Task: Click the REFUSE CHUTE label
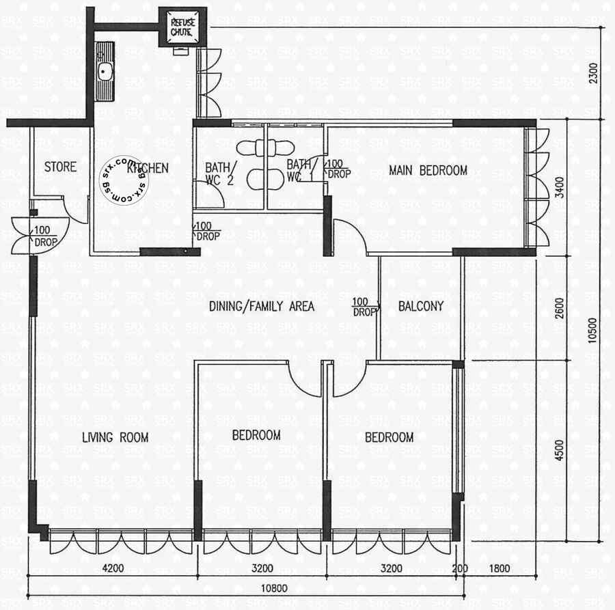coord(182,27)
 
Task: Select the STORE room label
coord(60,167)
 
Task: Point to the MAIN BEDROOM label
coord(428,171)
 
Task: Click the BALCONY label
coord(421,306)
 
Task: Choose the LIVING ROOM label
coord(115,437)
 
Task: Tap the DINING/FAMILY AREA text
coord(262,306)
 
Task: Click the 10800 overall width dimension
coord(274,588)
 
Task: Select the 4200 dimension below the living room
coord(113,568)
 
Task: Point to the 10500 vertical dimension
coord(592,330)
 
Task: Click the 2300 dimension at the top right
coord(594,73)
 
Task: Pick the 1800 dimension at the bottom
coord(500,568)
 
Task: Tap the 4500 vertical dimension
coord(559,450)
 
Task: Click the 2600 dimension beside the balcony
coord(559,308)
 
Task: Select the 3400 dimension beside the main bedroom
coord(559,187)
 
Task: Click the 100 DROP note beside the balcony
coord(364,307)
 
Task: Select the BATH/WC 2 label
coord(221,174)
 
